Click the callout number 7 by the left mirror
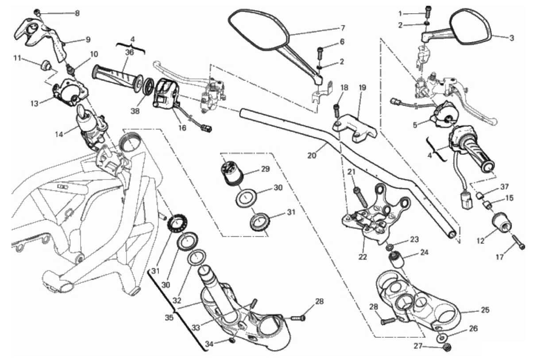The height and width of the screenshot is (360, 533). (342, 27)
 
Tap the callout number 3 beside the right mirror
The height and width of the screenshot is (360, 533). (511, 38)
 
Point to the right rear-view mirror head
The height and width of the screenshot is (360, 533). (471, 27)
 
